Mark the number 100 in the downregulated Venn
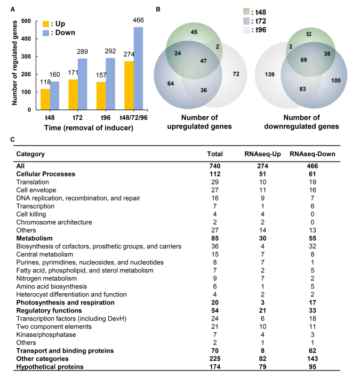[x=335, y=80]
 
